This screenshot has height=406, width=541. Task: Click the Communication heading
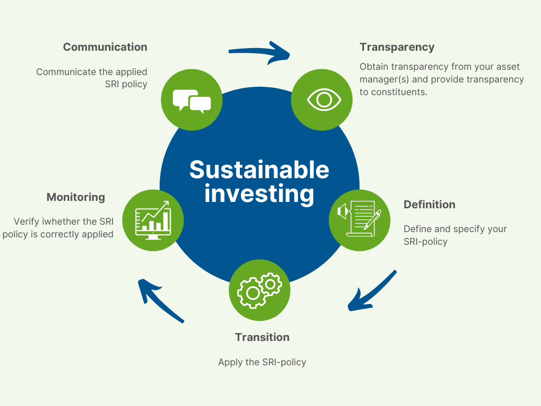(105, 47)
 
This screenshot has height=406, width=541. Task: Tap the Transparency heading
(397, 47)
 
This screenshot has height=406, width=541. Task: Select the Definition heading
(429, 205)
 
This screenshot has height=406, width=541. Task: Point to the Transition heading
(262, 337)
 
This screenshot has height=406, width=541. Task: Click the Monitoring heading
(76, 198)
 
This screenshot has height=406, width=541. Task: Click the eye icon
(324, 100)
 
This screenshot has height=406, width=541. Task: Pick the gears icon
(259, 290)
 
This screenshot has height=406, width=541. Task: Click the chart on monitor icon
(153, 220)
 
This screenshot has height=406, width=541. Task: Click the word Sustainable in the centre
(259, 170)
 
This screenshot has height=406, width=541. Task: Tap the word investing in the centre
(259, 194)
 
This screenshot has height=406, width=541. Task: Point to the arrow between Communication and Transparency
(259, 52)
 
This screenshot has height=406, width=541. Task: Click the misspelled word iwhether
(61, 222)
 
